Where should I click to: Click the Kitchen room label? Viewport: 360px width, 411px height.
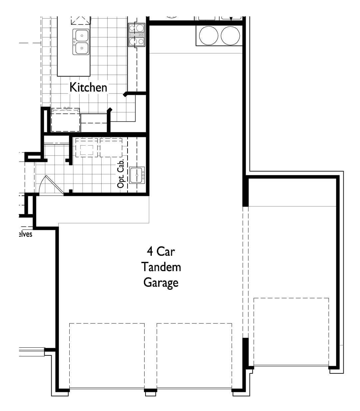(88, 87)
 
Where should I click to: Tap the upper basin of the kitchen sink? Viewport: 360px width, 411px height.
(81, 35)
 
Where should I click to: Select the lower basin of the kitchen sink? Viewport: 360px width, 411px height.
(81, 48)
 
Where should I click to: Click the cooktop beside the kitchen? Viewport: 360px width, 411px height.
(137, 35)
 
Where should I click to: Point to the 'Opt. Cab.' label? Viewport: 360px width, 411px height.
(121, 173)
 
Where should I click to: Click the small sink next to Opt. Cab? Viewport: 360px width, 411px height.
(137, 175)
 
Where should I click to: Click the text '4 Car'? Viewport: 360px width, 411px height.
(161, 251)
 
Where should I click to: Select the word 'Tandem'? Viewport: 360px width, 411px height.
(161, 267)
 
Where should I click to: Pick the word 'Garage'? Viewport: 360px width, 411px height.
(161, 282)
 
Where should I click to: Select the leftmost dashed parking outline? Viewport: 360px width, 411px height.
(107, 356)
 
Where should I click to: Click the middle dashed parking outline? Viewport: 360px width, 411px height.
(194, 356)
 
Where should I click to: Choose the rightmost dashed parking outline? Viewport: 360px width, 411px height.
(291, 332)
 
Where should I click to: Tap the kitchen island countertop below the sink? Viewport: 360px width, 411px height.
(74, 65)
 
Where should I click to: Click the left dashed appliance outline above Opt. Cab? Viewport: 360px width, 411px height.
(87, 148)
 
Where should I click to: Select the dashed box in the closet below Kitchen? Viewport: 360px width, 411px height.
(66, 120)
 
